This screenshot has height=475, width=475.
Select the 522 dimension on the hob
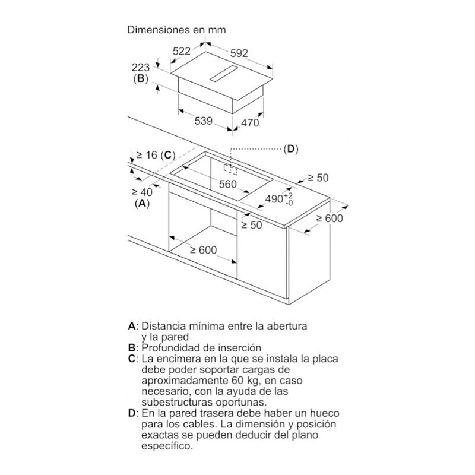[x=184, y=52]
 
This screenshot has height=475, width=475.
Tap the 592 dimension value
[x=239, y=53]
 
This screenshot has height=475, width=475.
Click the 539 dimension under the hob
[x=203, y=121]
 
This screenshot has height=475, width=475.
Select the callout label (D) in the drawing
[x=290, y=148]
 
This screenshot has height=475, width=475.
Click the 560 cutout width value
[x=227, y=184]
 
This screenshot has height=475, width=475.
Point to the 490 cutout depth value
[x=274, y=199]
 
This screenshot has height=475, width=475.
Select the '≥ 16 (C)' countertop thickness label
[x=154, y=155]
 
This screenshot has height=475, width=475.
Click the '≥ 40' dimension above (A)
[x=142, y=192]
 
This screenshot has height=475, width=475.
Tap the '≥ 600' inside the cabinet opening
[x=203, y=250]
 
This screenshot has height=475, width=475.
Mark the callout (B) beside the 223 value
[x=140, y=78]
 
